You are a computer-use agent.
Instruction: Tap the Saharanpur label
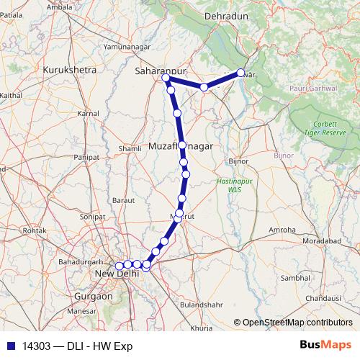[158, 71]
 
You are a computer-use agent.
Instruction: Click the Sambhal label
[295, 277]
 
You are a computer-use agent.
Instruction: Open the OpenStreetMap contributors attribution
[297, 323]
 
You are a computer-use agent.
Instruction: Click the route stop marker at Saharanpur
[166, 78]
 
